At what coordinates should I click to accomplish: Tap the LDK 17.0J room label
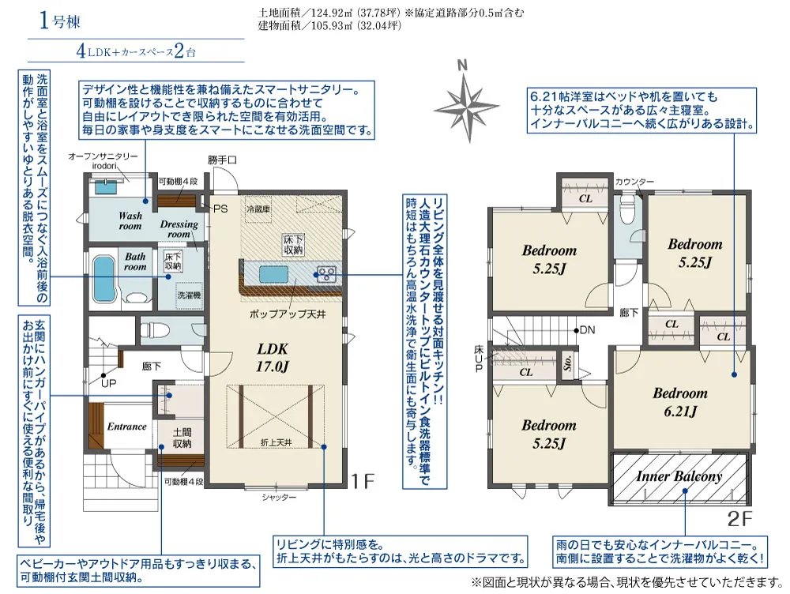pyautogui.click(x=273, y=357)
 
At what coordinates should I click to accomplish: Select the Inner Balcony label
pyautogui.click(x=679, y=476)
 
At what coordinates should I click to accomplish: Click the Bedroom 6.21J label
pyautogui.click(x=680, y=401)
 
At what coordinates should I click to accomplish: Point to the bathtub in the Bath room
pyautogui.click(x=105, y=279)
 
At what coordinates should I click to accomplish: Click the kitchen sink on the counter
pyautogui.click(x=274, y=276)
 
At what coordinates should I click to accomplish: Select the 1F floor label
pyautogui.click(x=363, y=482)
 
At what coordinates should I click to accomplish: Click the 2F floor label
pyautogui.click(x=739, y=518)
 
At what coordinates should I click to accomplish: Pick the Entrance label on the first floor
pyautogui.click(x=126, y=427)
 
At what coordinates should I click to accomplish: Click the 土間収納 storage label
pyautogui.click(x=182, y=438)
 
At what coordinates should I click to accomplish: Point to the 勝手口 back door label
pyautogui.click(x=222, y=160)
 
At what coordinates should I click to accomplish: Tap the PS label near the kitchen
pyautogui.click(x=220, y=208)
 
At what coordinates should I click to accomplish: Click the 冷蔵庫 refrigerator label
pyautogui.click(x=258, y=209)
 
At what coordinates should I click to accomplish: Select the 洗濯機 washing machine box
pyautogui.click(x=189, y=295)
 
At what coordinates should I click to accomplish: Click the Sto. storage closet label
pyautogui.click(x=568, y=365)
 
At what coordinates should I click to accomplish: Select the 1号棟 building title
pyautogui.click(x=59, y=21)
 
